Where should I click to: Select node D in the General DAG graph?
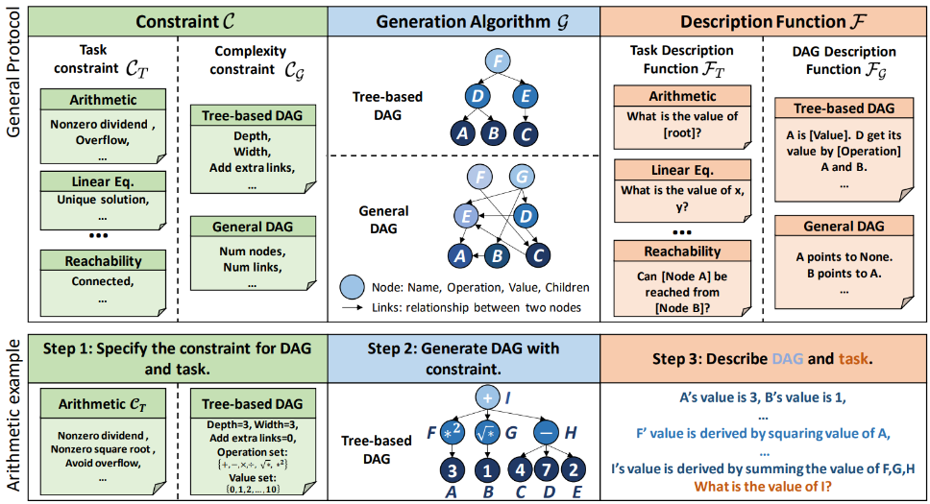coord(524,216)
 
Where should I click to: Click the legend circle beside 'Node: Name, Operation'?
coord(353,287)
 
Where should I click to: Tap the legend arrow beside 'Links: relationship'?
coord(353,307)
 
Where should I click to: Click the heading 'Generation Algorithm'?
coord(463,20)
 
